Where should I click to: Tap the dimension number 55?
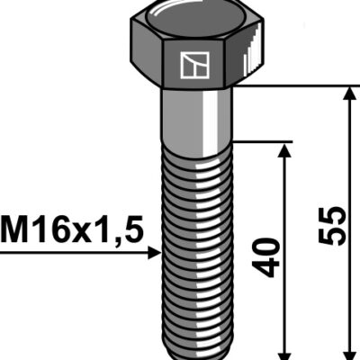coord(332,226)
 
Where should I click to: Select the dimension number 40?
coord(265,257)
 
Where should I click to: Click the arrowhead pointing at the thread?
coord(155,253)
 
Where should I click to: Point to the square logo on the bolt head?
coord(194,66)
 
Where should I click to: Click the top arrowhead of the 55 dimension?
coord(349,93)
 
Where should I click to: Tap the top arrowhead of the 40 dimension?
coord(284,150)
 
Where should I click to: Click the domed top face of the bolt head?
coord(195,21)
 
